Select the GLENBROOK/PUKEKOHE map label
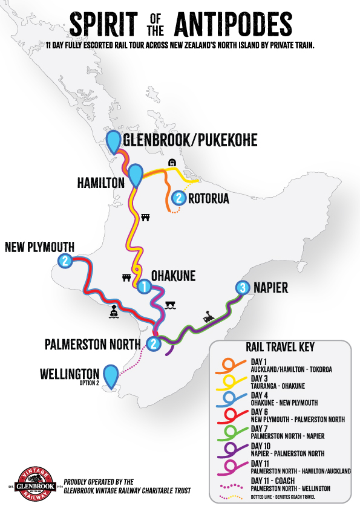click(x=190, y=140)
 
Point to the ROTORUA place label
click(x=208, y=198)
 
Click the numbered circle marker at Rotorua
click(x=178, y=198)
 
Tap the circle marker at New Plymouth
click(x=65, y=261)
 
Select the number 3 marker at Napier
click(x=243, y=288)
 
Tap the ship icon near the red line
click(x=114, y=312)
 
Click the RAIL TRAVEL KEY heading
click(x=280, y=348)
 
